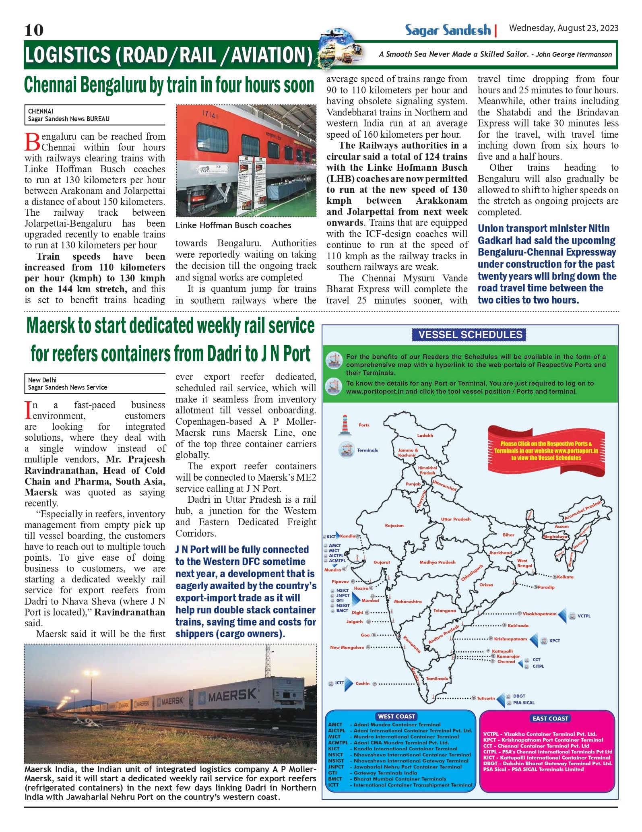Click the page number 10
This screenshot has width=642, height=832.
click(x=34, y=30)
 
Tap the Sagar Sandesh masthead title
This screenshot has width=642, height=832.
click(x=448, y=30)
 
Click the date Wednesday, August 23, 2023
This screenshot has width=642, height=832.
click(x=564, y=28)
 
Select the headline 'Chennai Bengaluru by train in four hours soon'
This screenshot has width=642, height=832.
click(x=169, y=85)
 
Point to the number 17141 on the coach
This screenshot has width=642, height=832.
click(x=210, y=116)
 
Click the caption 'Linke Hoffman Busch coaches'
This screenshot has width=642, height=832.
click(x=233, y=225)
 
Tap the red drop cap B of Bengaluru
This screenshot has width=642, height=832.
click(x=32, y=142)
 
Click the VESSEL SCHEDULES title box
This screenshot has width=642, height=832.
click(x=470, y=334)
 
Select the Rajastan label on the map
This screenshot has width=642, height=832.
click(x=394, y=525)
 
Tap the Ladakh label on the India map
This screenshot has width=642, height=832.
click(x=425, y=435)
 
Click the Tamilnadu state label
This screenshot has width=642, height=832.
click(x=437, y=678)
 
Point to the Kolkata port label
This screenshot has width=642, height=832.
click(x=565, y=577)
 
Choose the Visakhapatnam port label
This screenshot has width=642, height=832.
click(x=539, y=614)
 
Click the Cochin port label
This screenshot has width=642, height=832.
click(x=362, y=683)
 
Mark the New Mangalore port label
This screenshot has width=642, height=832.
click(x=347, y=647)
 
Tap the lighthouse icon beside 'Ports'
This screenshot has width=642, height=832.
click(x=344, y=425)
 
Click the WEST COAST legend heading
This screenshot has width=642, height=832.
click(x=396, y=716)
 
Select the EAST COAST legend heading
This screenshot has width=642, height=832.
click(x=550, y=718)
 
